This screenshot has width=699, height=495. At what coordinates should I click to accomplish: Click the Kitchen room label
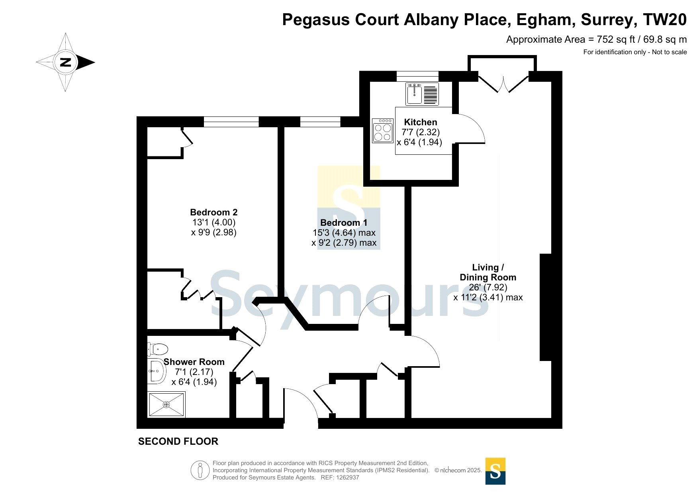[x=420, y=122]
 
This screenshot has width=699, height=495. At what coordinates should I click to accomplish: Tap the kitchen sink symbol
[x=422, y=94]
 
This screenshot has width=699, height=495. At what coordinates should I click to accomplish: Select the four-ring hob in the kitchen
[x=382, y=130]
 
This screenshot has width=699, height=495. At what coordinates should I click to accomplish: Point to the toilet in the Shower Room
[x=158, y=349]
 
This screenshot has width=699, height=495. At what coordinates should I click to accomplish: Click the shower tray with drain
[x=166, y=404]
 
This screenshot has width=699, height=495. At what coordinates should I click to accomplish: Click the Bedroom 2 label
[x=214, y=212]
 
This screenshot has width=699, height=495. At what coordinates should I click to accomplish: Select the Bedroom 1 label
[x=344, y=223]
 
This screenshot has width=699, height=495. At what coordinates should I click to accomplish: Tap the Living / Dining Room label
[x=488, y=272]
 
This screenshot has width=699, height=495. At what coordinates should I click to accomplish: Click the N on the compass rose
[x=65, y=62]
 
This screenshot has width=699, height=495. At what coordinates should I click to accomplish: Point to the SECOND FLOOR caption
[x=178, y=442]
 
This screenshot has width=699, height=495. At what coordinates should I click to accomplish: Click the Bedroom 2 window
[x=231, y=122]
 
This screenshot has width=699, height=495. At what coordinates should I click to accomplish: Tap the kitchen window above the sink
[x=417, y=76]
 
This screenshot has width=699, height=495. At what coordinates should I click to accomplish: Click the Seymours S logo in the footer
[x=495, y=471]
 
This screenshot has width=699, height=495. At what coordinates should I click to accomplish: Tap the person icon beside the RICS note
[x=200, y=470]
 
